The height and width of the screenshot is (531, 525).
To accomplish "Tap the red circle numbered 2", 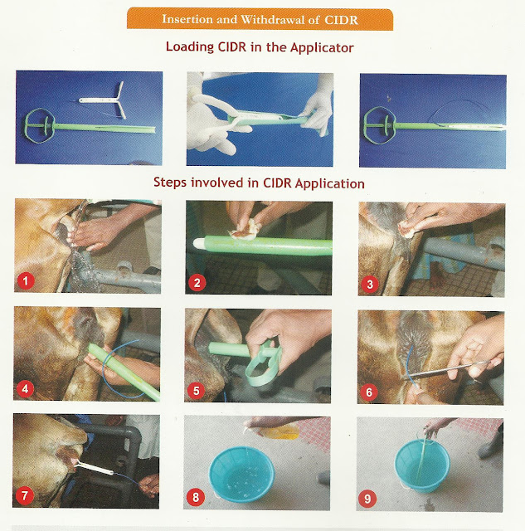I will [x=197, y=282].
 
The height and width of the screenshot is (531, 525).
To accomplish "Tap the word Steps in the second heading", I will [x=172, y=182].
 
